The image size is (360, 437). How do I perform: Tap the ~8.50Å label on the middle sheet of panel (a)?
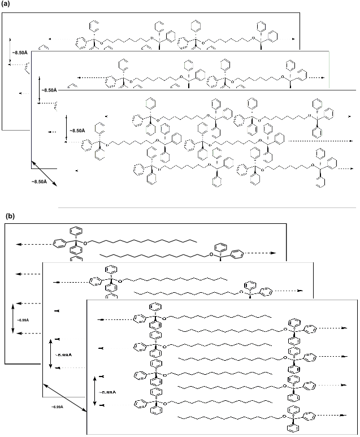click(x=49, y=90)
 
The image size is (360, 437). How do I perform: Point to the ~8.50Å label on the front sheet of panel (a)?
click(x=77, y=131)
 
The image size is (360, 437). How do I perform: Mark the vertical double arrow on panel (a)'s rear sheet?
click(x=10, y=54)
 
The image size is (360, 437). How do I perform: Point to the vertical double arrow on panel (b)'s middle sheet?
click(x=51, y=354)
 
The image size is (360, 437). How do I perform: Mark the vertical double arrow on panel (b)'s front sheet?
click(x=94, y=391)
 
